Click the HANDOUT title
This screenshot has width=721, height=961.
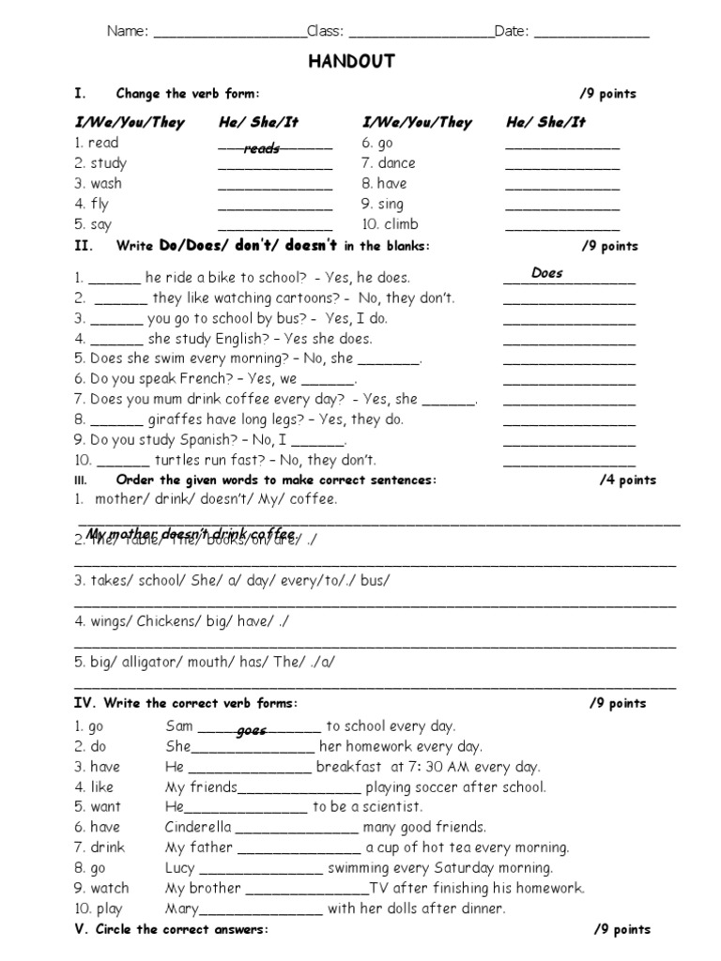(x=352, y=62)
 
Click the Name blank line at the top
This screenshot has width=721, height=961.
(x=228, y=33)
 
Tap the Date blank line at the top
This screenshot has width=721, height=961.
(x=591, y=33)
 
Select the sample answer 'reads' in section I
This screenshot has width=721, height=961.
(x=262, y=148)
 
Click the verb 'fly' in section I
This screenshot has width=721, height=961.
(x=100, y=204)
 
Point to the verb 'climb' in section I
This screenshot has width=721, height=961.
(x=401, y=224)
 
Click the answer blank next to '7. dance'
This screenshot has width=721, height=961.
(x=562, y=164)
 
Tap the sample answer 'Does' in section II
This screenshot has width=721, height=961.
(x=546, y=273)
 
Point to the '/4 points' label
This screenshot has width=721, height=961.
(x=628, y=480)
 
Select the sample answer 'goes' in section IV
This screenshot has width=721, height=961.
(x=253, y=730)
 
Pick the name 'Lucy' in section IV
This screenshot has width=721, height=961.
(x=179, y=868)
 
